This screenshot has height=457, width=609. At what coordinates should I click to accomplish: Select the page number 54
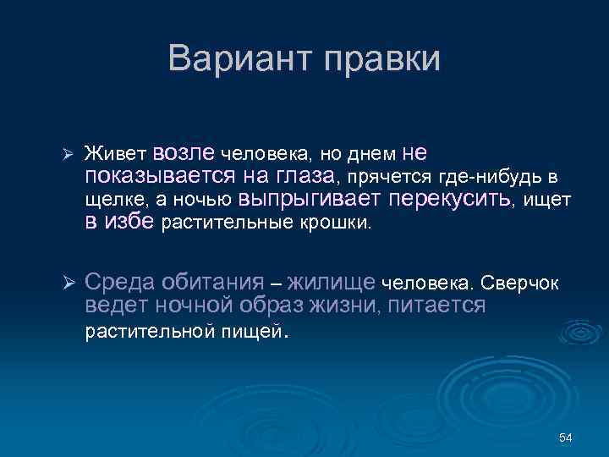click(x=566, y=437)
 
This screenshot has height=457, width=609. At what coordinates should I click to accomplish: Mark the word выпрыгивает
click(x=312, y=200)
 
